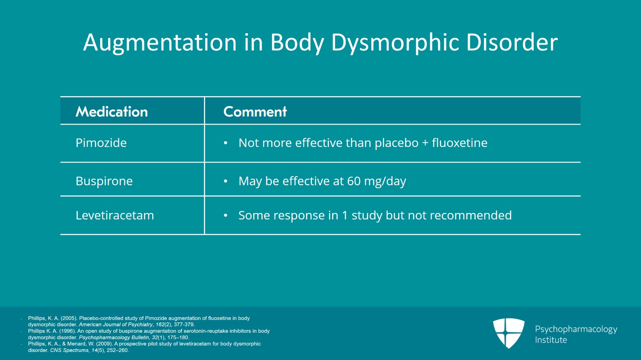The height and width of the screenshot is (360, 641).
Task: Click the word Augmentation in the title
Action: pyautogui.click(x=160, y=43)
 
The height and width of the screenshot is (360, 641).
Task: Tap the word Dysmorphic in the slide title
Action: pyautogui.click(x=395, y=43)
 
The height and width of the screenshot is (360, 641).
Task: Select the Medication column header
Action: pyautogui.click(x=112, y=111)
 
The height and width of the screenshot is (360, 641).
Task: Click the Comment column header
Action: pyautogui.click(x=255, y=111)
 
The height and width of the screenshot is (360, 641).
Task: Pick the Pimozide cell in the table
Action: pyautogui.click(x=101, y=143)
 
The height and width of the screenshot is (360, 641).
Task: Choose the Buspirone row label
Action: pyautogui.click(x=104, y=181)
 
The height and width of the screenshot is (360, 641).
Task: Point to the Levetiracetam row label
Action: pyautogui.click(x=115, y=215)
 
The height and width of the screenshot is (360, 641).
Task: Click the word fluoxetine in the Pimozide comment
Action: pyautogui.click(x=460, y=143)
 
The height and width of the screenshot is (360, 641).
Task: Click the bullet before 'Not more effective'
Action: pyautogui.click(x=226, y=143)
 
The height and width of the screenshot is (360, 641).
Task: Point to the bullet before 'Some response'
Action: pyautogui.click(x=226, y=215)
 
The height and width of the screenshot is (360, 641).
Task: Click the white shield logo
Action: pyautogui.click(x=509, y=333)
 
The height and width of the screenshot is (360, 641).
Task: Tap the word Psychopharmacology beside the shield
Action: pyautogui.click(x=576, y=330)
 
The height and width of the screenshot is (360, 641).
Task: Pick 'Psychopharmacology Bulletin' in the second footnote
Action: pyautogui.click(x=114, y=338)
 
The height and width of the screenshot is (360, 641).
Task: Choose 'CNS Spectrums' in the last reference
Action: pyautogui.click(x=69, y=350)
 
